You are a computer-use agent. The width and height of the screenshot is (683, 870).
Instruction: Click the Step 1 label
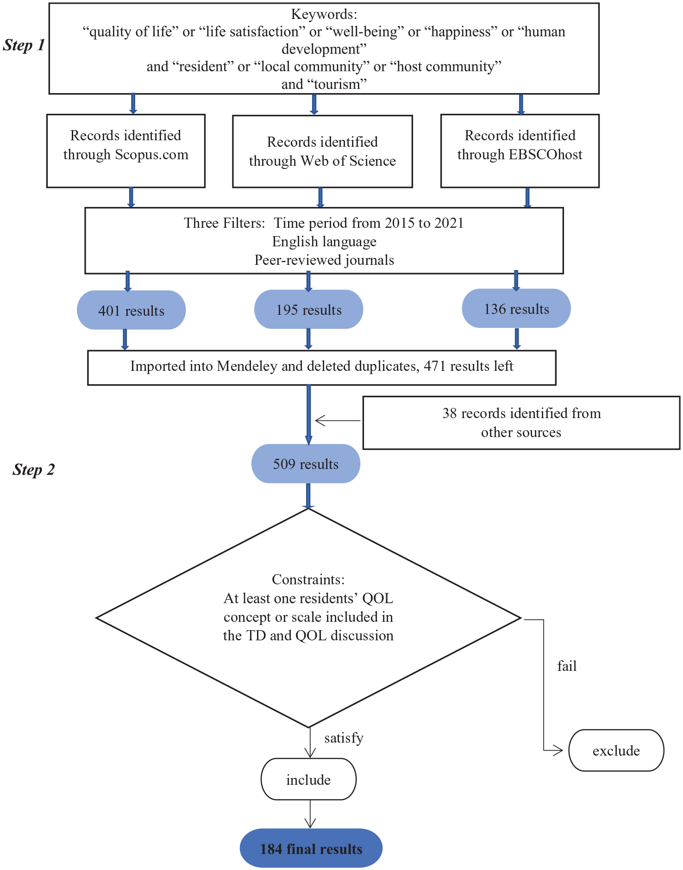click(x=24, y=45)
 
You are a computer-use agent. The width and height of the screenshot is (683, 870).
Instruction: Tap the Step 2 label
click(x=34, y=469)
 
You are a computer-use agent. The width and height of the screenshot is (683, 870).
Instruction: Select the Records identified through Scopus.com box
click(x=126, y=151)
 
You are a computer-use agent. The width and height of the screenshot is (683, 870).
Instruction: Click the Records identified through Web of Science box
click(x=322, y=151)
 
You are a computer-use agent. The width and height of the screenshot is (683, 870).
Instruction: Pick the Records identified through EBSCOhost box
click(x=520, y=151)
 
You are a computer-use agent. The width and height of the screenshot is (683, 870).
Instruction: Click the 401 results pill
click(x=132, y=310)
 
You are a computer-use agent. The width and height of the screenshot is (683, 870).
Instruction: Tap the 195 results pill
click(x=309, y=309)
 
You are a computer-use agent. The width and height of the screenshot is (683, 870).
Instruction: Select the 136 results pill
click(x=516, y=308)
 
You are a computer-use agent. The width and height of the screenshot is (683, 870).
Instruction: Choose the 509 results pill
click(x=306, y=463)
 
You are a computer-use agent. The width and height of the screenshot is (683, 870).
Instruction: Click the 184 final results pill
click(x=311, y=848)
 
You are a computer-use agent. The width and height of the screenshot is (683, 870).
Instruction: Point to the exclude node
click(x=616, y=751)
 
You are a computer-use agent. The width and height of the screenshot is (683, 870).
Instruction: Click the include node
click(x=309, y=779)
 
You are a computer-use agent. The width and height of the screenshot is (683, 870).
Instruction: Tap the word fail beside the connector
click(x=567, y=666)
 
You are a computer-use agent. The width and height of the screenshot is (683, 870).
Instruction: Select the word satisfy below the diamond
click(x=344, y=738)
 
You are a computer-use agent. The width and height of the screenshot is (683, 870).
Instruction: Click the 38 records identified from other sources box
click(x=521, y=423)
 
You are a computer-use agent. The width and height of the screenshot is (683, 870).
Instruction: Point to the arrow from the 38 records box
click(x=338, y=420)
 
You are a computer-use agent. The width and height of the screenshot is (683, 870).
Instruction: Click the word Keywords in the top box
click(x=324, y=14)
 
